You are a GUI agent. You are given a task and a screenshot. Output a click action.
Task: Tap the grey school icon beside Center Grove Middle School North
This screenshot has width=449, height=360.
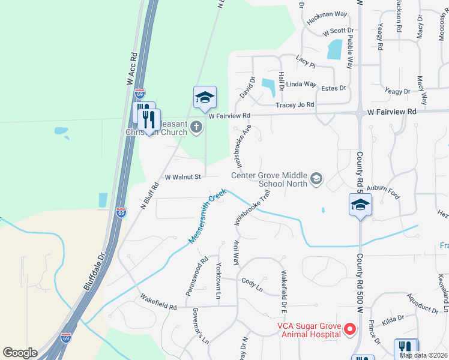tap(316, 178)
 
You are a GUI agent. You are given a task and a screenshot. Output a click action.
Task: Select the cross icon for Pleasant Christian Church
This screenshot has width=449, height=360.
tap(196, 127)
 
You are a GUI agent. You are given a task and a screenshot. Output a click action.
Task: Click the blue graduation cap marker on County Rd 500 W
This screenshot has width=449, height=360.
tap(360, 205)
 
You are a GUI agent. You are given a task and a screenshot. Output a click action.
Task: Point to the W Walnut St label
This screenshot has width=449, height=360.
tap(182, 176)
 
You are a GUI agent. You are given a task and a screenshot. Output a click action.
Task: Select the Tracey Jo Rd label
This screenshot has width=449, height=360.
tap(295, 105)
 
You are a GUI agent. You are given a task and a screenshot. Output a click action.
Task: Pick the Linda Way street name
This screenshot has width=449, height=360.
tap(300, 85)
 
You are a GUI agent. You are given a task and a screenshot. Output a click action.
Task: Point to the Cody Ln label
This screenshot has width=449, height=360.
tap(252, 282)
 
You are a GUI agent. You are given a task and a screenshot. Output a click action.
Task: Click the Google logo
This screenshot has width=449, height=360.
tap(20, 353)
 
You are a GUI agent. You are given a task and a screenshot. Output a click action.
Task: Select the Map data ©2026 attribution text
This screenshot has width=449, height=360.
tap(423, 355)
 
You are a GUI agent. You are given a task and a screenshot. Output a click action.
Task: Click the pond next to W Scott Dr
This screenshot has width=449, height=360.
tap(334, 49)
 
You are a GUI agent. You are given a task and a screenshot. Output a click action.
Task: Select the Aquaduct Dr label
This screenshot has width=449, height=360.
tap(423, 304)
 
